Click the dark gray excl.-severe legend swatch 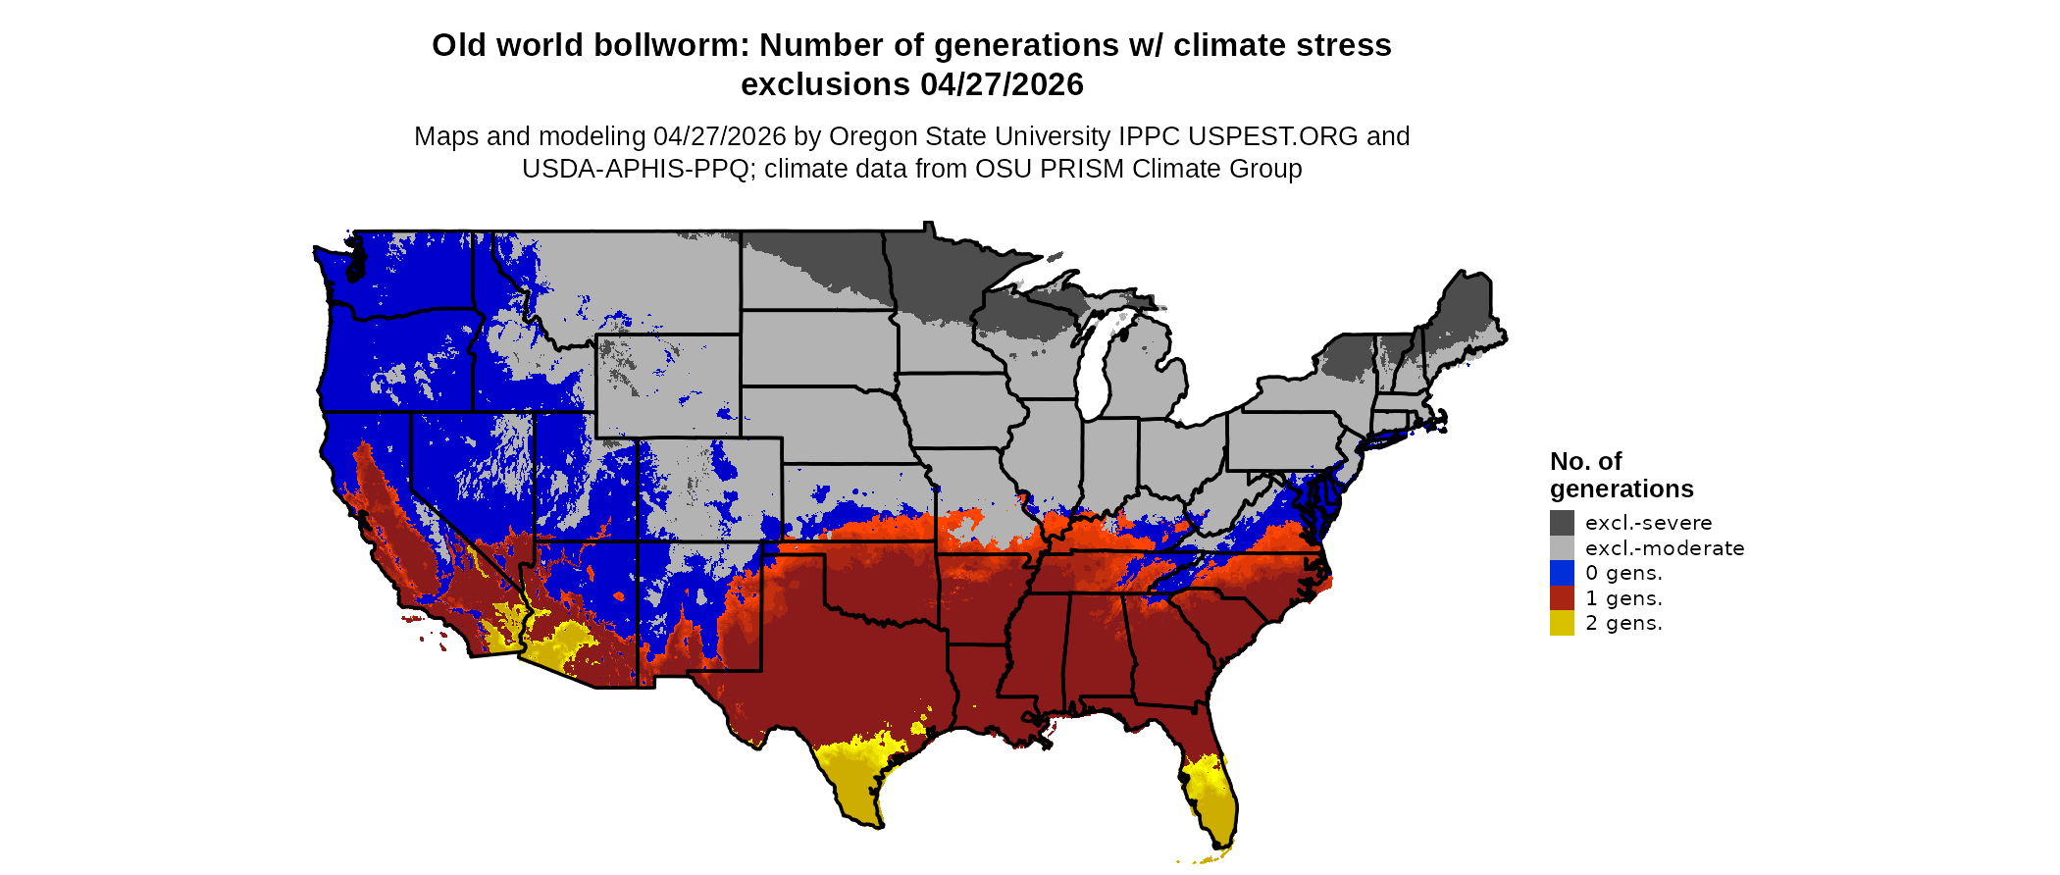coord(1562,522)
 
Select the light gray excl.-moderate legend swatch coord(1562,547)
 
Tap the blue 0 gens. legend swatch coord(1562,573)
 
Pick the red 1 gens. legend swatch coord(1562,598)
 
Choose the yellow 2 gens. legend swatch coord(1562,623)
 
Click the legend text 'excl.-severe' coord(1648,523)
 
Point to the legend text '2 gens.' coord(1623,624)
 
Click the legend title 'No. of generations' coord(1621,475)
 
